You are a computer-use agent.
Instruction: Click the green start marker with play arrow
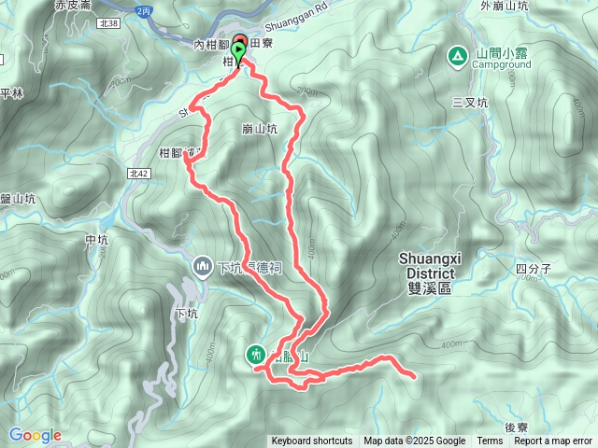[239, 52]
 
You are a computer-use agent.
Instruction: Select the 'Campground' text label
[502, 65]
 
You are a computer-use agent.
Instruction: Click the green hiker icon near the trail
[255, 353]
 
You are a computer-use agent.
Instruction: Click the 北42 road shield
[139, 174]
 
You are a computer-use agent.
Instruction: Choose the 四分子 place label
[534, 269]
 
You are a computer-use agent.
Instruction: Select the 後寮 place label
[517, 426]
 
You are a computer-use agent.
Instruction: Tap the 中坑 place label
[97, 240]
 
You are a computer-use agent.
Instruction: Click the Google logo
[35, 435]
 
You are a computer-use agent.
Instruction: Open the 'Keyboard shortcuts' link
[312, 441]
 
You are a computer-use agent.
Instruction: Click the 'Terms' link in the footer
[490, 441]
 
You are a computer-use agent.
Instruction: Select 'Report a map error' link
[554, 441]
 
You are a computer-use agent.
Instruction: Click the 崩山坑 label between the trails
[259, 130]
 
